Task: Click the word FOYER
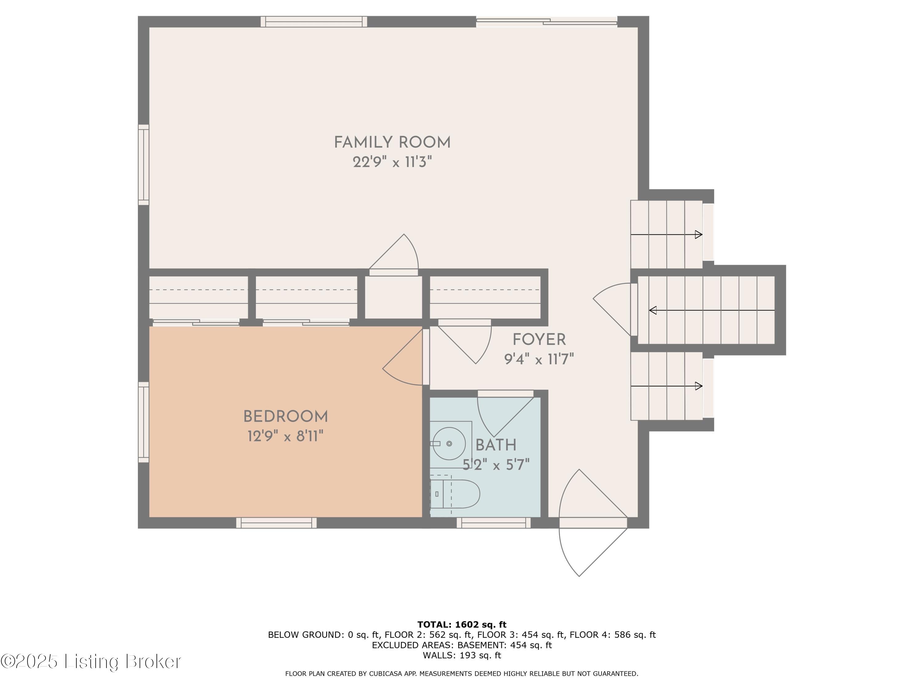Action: [x=539, y=340]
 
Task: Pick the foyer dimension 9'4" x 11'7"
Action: [x=539, y=359]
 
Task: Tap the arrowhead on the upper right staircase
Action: [x=698, y=235]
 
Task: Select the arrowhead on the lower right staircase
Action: [x=698, y=387]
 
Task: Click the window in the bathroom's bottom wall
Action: [x=493, y=523]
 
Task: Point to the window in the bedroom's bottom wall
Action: [x=277, y=523]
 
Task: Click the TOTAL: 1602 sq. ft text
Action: [x=462, y=625]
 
